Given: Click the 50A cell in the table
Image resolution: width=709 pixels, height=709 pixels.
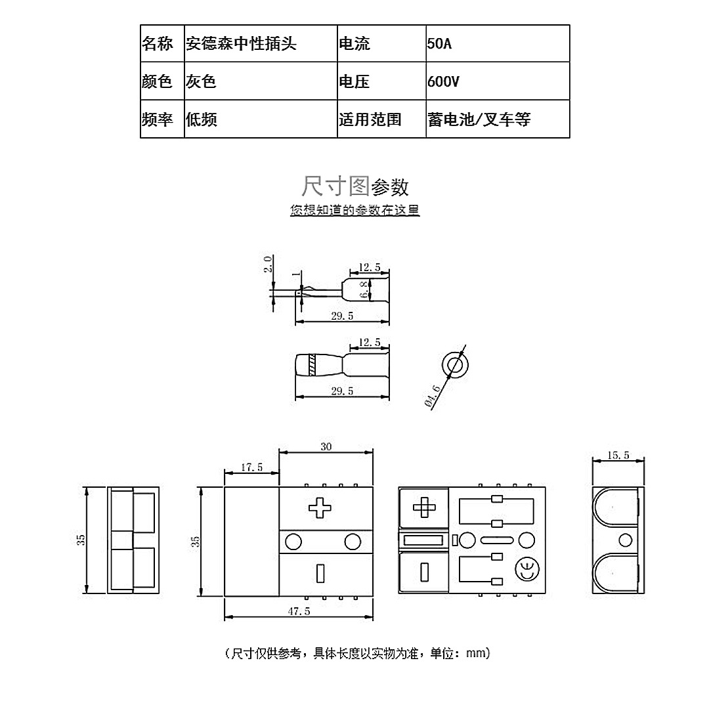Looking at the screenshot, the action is (498, 43).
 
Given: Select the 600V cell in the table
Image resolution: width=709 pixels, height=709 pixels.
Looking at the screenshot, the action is (498, 81).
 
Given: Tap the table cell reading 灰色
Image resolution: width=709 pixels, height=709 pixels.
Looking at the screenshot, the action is (261, 81).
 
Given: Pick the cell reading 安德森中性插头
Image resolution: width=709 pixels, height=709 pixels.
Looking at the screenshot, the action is (261, 43).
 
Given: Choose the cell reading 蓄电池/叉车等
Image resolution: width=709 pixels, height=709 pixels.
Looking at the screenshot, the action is (498, 119).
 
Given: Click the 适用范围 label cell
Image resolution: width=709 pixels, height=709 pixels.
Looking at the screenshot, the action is (381, 119).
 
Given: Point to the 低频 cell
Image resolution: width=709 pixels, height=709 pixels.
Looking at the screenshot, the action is (261, 119).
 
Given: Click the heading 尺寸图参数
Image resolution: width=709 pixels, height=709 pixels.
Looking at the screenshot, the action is (355, 186).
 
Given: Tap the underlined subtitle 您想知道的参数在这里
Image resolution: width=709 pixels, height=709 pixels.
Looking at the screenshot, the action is (355, 210).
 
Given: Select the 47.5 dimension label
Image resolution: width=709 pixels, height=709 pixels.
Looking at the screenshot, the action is (299, 611).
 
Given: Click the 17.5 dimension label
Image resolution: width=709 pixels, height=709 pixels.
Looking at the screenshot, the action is (251, 467).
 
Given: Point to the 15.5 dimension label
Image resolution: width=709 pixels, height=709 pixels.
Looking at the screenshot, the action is (618, 455).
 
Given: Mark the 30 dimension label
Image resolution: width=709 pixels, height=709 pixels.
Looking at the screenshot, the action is (326, 446).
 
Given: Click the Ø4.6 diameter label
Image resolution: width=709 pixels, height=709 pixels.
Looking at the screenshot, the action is (433, 396).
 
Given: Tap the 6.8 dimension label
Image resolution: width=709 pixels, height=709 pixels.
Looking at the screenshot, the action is (364, 290).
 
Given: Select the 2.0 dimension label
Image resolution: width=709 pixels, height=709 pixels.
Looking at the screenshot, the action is (268, 264).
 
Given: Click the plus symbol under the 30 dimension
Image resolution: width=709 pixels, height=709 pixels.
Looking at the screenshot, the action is (320, 507).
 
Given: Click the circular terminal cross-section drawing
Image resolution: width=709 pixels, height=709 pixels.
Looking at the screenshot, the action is (454, 364).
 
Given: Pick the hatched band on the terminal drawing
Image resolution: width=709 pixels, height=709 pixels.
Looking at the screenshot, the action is (312, 365).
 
